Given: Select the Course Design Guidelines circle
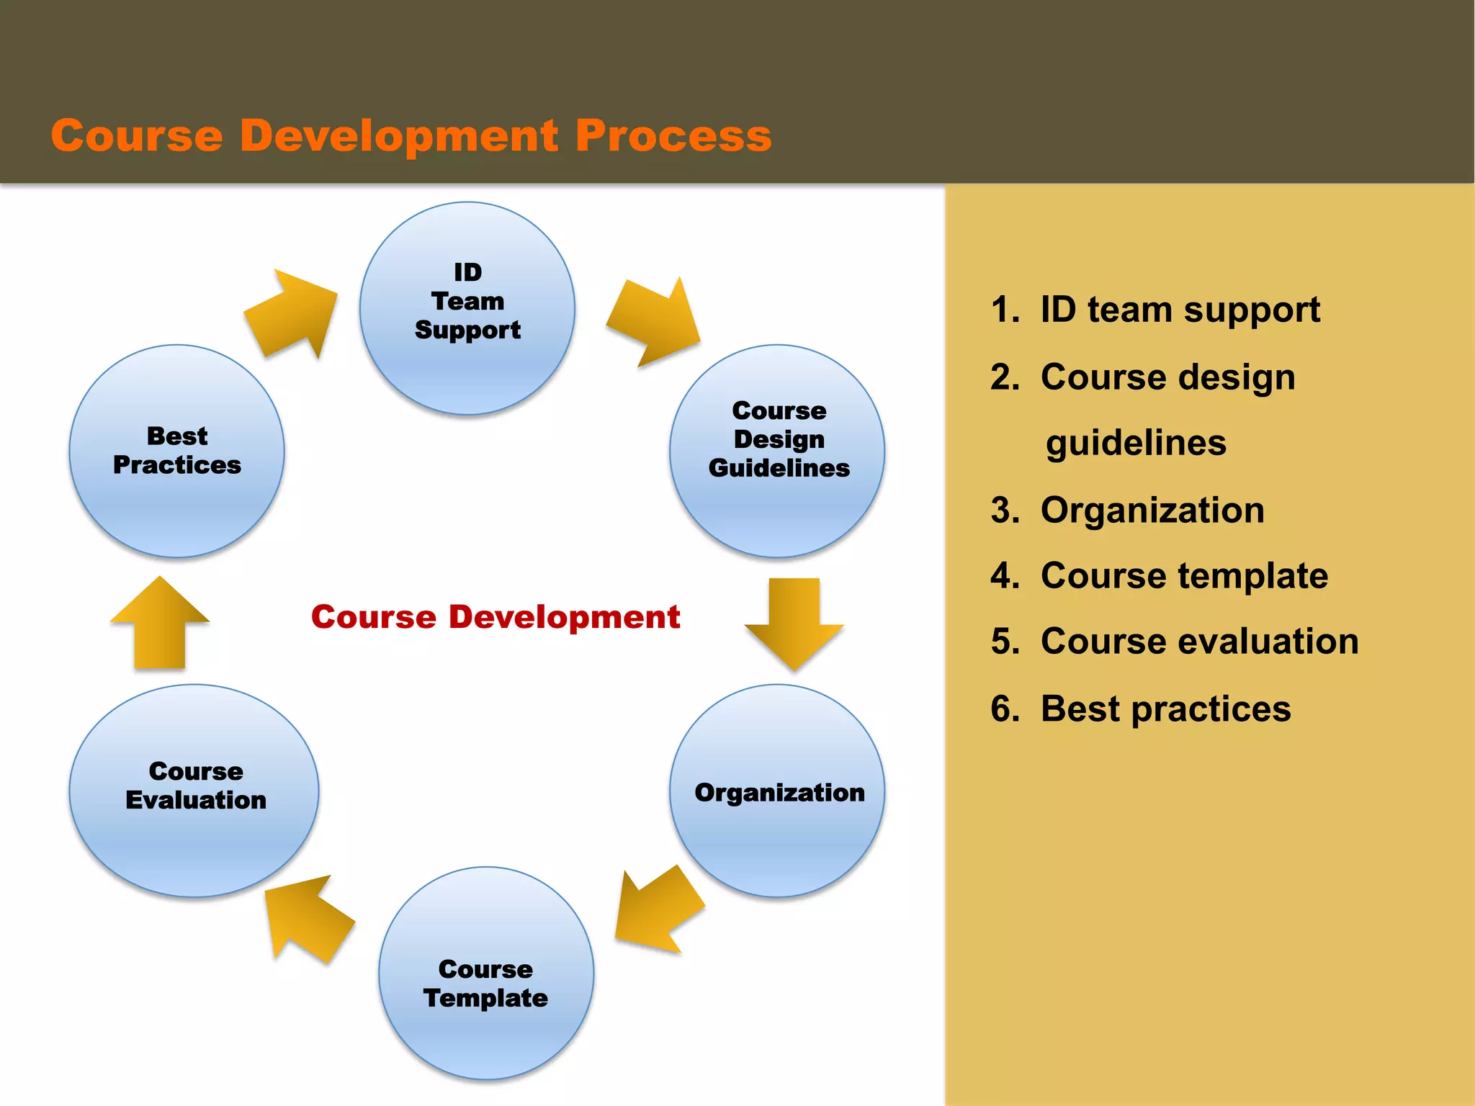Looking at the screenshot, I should coord(777,451).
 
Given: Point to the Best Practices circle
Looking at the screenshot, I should coord(177,451).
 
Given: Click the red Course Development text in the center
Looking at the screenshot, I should coord(496,617).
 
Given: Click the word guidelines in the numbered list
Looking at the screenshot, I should coord(1136,443).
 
